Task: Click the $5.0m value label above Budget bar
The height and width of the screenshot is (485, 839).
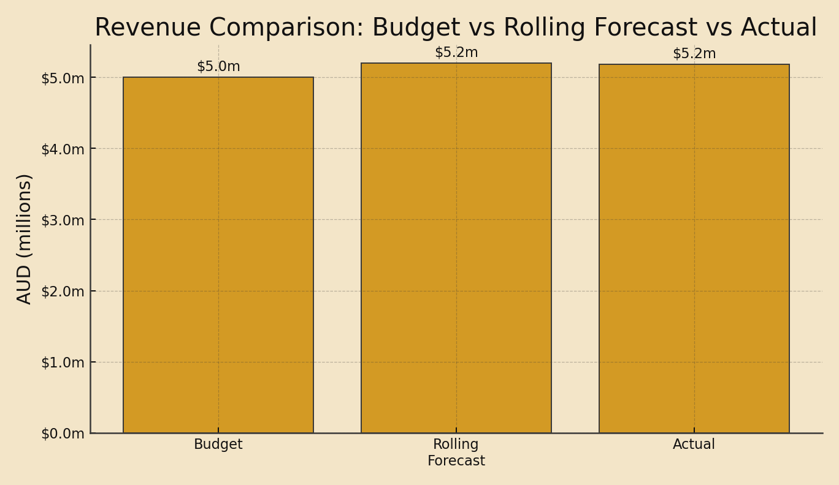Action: (x=218, y=67)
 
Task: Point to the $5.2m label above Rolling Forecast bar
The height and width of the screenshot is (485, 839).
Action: (x=456, y=53)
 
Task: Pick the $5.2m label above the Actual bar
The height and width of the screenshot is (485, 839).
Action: (x=694, y=54)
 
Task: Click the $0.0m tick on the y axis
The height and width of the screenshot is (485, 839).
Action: (x=63, y=434)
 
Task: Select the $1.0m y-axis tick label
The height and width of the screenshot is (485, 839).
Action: (x=63, y=363)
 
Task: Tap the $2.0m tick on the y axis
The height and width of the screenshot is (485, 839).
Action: (x=63, y=291)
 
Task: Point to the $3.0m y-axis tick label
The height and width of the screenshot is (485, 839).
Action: (x=63, y=220)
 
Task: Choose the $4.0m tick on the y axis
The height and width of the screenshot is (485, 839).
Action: (x=63, y=149)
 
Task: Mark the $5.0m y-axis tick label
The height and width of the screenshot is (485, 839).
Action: (x=63, y=78)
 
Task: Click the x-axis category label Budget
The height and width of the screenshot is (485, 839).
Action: (x=218, y=445)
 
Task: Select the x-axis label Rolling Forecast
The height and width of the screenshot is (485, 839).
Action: (x=456, y=453)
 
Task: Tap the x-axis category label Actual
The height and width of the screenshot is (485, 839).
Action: (x=694, y=445)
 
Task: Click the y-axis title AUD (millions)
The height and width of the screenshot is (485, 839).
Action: (x=25, y=239)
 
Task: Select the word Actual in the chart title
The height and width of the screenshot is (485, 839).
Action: (x=779, y=28)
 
